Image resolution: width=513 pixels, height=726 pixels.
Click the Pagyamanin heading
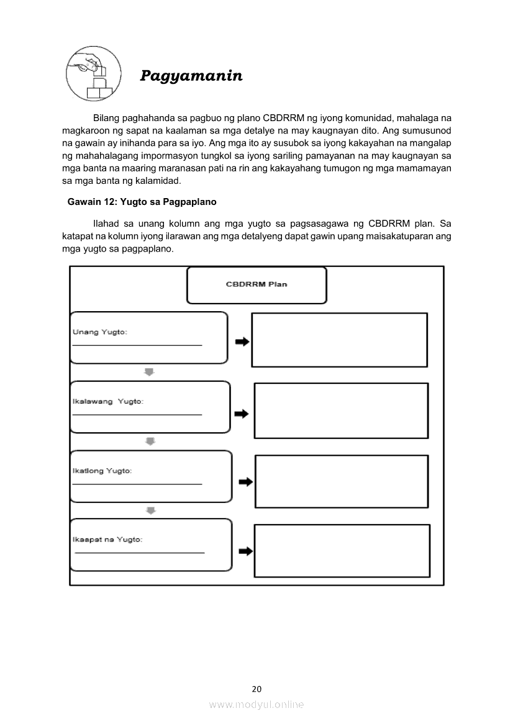(191, 76)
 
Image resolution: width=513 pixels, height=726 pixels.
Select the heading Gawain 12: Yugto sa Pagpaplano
(142, 202)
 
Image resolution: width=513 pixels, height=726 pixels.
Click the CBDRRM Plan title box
(256, 285)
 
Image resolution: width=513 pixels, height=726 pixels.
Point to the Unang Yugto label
(100, 332)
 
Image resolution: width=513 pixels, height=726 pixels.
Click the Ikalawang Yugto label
(108, 401)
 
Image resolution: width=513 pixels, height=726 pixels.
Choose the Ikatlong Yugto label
(102, 471)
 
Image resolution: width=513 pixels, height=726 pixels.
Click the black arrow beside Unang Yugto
(242, 342)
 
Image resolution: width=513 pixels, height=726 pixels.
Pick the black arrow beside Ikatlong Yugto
(246, 482)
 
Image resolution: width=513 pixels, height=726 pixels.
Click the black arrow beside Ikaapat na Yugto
(246, 551)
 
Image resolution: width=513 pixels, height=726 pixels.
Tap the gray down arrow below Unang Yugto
(149, 371)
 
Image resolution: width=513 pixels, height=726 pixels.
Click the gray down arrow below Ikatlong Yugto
(150, 510)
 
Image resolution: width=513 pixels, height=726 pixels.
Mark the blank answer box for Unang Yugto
(339, 340)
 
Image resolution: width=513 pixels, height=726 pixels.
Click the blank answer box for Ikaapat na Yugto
(342, 551)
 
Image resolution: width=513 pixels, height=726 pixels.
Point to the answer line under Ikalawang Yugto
(137, 414)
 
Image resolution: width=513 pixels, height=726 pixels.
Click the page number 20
(256, 689)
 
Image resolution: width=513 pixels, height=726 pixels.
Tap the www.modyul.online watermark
(256, 704)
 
